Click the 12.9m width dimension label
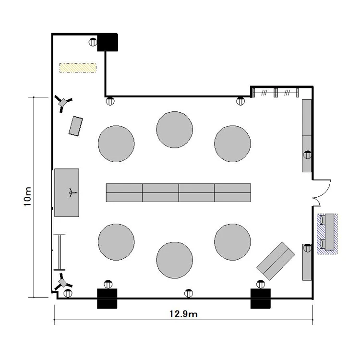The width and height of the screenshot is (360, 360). pyautogui.click(x=183, y=313)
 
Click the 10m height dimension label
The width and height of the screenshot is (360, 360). pyautogui.click(x=27, y=197)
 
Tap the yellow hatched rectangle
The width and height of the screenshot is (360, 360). pyautogui.click(x=78, y=68)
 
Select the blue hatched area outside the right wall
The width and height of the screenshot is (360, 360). pyautogui.click(x=327, y=234)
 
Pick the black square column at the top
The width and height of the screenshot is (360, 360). pyautogui.click(x=108, y=42)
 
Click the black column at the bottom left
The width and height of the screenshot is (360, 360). pyautogui.click(x=107, y=299)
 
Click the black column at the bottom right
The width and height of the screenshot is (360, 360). pyautogui.click(x=260, y=299)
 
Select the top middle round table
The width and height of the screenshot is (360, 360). pyautogui.click(x=175, y=130)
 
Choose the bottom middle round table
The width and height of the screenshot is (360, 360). pyautogui.click(x=175, y=260)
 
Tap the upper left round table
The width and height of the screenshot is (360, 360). pyautogui.click(x=116, y=144)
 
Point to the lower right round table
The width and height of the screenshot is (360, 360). pyautogui.click(x=233, y=242)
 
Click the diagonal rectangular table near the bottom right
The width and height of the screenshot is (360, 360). pyautogui.click(x=276, y=261)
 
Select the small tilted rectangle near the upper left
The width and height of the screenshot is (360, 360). pyautogui.click(x=76, y=126)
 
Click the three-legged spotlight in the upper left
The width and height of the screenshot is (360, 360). pyautogui.click(x=63, y=103)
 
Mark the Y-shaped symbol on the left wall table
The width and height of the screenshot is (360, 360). pyautogui.click(x=72, y=192)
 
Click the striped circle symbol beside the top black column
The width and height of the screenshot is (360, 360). pyautogui.click(x=93, y=42)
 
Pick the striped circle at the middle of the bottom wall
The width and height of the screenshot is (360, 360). pyautogui.click(x=189, y=293)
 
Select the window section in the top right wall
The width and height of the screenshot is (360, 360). pyautogui.click(x=276, y=93)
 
